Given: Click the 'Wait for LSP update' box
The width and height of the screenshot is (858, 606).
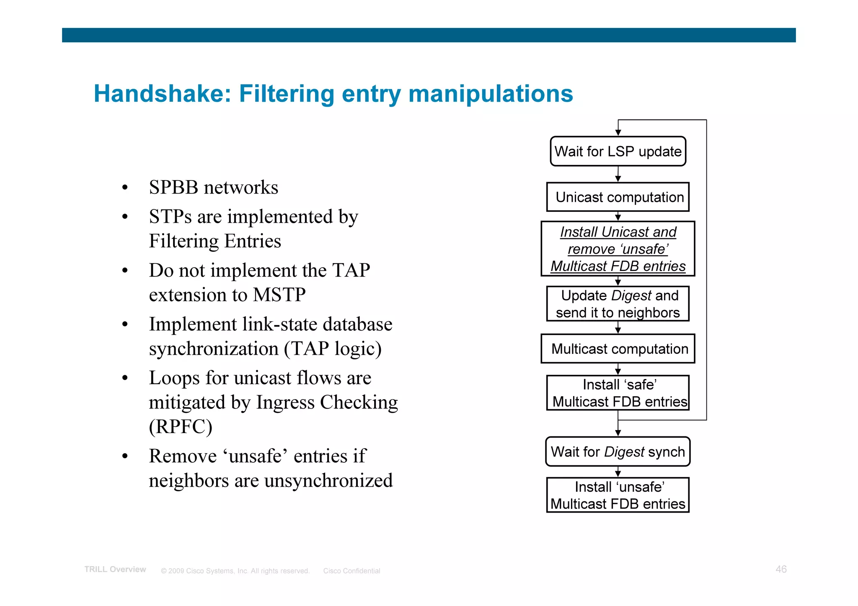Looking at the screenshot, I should [x=618, y=151].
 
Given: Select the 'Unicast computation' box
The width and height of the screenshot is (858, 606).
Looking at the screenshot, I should [x=618, y=197].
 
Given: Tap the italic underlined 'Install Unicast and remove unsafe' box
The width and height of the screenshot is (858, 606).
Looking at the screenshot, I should [x=618, y=249].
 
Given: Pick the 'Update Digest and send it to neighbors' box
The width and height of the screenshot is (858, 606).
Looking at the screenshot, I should [x=618, y=304].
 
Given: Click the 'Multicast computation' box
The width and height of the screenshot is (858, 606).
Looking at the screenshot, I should [x=618, y=348].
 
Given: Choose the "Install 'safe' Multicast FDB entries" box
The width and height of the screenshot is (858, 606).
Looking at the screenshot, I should [x=618, y=393].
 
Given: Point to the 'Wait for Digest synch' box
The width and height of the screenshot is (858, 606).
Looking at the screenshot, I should [x=618, y=451].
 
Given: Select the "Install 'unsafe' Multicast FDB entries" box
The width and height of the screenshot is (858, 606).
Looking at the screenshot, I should [x=618, y=495].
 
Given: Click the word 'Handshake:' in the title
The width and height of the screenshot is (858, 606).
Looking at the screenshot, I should [x=163, y=93].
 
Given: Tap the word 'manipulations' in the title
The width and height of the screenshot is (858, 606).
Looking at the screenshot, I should [x=491, y=93].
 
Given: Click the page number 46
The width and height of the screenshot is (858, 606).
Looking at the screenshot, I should [x=781, y=569].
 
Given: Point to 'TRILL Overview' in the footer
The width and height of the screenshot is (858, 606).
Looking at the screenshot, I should [x=115, y=570].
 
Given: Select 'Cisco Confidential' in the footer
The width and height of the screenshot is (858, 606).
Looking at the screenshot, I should [x=351, y=571].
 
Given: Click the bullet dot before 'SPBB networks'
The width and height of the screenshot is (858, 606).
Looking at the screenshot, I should [x=125, y=188].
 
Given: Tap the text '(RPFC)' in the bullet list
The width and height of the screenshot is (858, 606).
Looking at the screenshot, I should [x=181, y=427].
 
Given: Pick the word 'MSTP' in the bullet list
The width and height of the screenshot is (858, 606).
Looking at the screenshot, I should [x=279, y=295].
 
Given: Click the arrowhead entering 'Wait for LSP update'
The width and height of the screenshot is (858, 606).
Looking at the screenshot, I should [x=618, y=133].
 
